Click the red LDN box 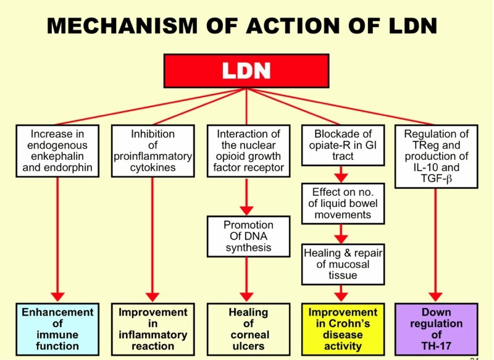pyautogui.click(x=246, y=71)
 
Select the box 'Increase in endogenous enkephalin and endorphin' pyautogui.click(x=57, y=151)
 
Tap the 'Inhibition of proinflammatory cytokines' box pyautogui.click(x=152, y=151)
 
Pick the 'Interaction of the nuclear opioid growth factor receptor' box pyautogui.click(x=247, y=151)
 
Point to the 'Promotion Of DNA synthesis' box pyautogui.click(x=247, y=235)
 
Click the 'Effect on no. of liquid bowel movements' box pyautogui.click(x=342, y=203)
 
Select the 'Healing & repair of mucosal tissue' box pyautogui.click(x=342, y=262)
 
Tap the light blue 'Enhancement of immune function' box pyautogui.click(x=57, y=329)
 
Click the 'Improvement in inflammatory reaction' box pyautogui.click(x=152, y=329)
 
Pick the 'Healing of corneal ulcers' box pyautogui.click(x=247, y=329)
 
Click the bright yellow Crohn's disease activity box pyautogui.click(x=342, y=329)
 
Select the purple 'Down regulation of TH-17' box pyautogui.click(x=436, y=329)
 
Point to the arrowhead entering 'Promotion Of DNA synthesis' pyautogui.click(x=247, y=209)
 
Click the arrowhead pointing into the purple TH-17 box pyautogui.click(x=436, y=296)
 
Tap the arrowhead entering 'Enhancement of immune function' pyautogui.click(x=57, y=296)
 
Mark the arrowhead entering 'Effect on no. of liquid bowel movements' pyautogui.click(x=342, y=177)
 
